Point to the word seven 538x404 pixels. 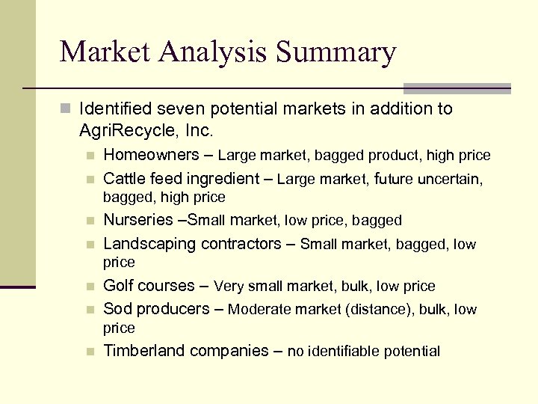[175, 109]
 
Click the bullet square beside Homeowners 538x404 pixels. [90, 156]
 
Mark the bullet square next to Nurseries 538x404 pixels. [90, 221]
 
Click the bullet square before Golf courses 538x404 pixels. [90, 287]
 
